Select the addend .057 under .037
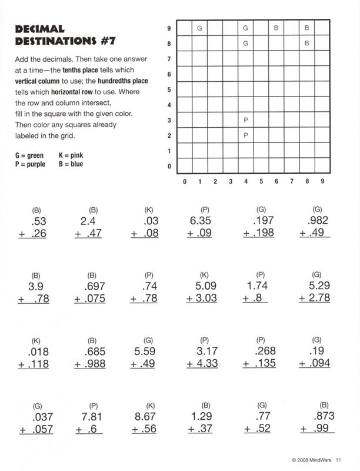point(40,429)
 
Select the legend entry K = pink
point(71,156)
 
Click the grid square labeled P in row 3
point(245,120)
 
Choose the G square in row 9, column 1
point(199,28)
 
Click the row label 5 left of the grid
point(169,90)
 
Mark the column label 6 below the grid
point(276,181)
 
